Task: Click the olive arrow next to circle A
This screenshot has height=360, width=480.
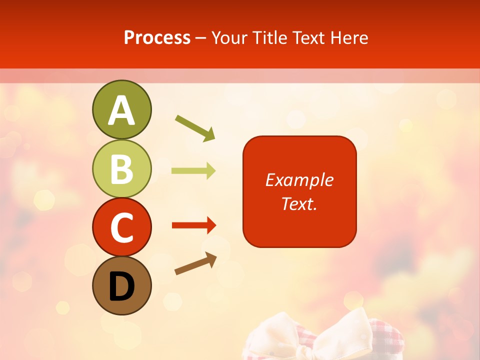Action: [x=195, y=127]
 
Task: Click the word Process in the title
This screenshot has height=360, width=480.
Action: [x=157, y=37]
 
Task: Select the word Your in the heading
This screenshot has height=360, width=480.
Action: [x=229, y=37]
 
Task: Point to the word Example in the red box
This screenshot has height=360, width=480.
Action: [x=299, y=180]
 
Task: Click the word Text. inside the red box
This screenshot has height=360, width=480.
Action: [x=299, y=203]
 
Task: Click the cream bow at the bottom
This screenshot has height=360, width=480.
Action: [x=330, y=332]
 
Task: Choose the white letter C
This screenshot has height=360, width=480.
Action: [x=122, y=228]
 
